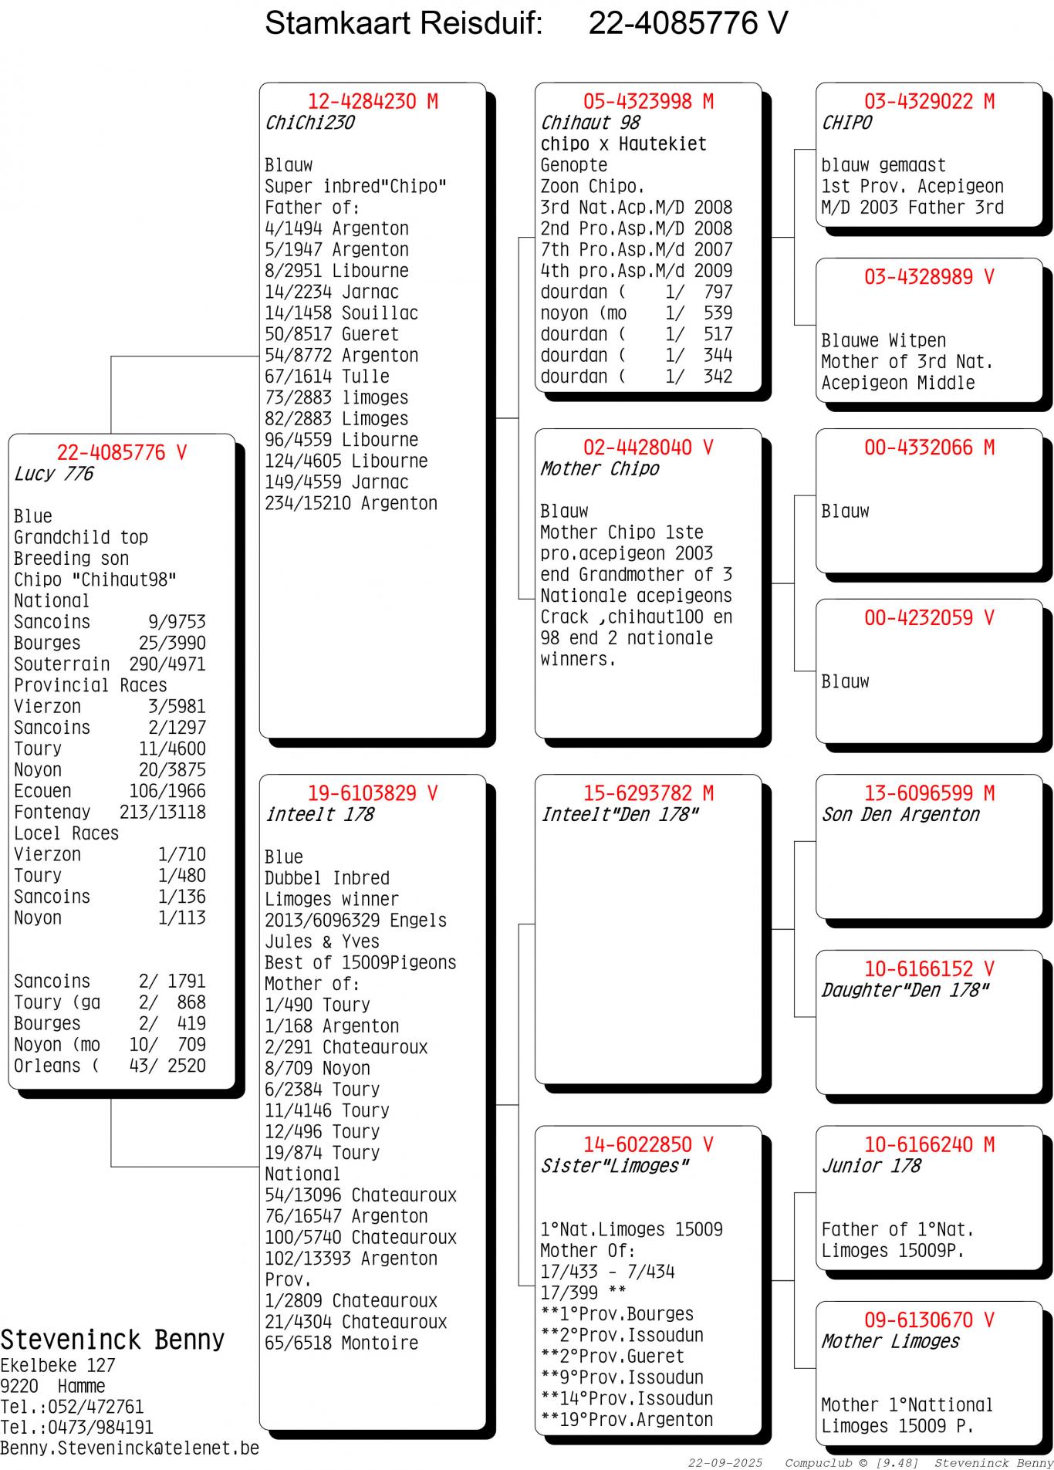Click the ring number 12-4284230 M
[373, 102]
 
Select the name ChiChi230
[309, 123]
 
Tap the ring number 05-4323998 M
[648, 102]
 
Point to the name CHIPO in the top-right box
[846, 123]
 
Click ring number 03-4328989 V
[929, 278]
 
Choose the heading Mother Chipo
[600, 469]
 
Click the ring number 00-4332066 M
[929, 448]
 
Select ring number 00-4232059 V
[929, 618]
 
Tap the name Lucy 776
[53, 475]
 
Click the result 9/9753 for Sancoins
[177, 623]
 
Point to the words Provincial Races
[90, 686]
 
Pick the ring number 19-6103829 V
[373, 793]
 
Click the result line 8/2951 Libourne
[336, 271]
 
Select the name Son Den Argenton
[900, 815]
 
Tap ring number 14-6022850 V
[648, 1145]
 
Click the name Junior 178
[871, 1166]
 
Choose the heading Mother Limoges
[890, 1342]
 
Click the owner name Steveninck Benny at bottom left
[113, 1340]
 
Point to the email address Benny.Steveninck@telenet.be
[130, 1448]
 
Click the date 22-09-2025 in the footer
[725, 1463]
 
